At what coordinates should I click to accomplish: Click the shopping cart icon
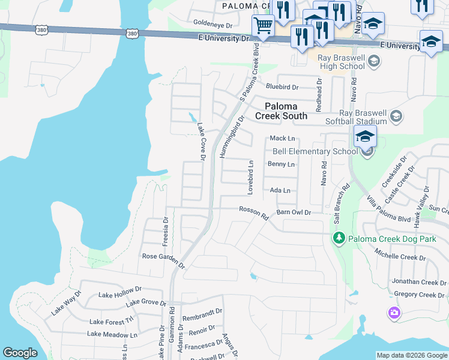(262, 26)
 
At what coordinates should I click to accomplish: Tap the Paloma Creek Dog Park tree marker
(339, 239)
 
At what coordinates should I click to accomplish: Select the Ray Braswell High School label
(335, 62)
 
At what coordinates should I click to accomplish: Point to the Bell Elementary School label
(315, 151)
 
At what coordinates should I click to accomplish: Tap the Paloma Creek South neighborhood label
(281, 111)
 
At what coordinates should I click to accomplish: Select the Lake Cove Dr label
(202, 142)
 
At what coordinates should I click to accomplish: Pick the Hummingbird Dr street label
(232, 137)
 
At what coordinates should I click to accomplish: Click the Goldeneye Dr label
(212, 25)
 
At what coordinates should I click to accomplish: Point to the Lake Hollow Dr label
(119, 295)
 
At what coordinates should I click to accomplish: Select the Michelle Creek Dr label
(400, 257)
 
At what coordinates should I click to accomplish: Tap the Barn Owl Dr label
(294, 212)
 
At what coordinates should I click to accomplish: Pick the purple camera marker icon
(394, 313)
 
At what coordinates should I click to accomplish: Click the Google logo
(20, 353)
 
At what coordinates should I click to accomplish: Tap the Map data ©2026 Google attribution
(411, 355)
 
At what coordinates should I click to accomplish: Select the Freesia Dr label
(165, 230)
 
